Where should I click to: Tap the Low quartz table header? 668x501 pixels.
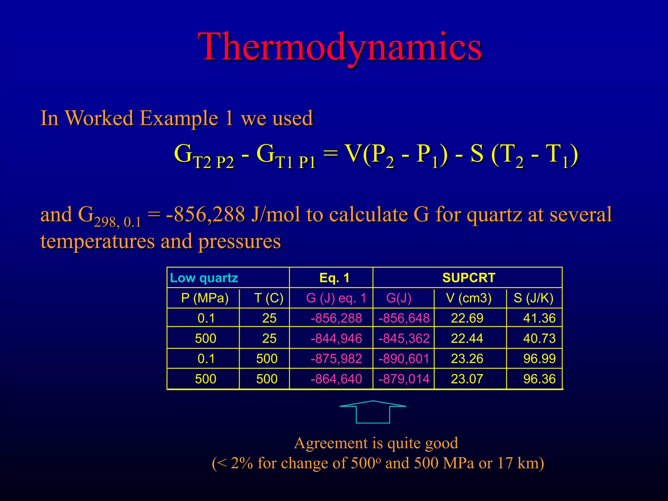click(204, 278)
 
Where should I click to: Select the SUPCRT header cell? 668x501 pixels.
click(469, 278)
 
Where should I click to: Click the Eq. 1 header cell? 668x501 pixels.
click(334, 278)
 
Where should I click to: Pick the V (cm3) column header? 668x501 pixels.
click(468, 298)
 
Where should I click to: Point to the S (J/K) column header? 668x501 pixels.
click(534, 298)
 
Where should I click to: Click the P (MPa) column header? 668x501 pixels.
click(205, 298)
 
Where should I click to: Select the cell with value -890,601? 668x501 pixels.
click(404, 359)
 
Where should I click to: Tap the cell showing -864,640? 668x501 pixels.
click(336, 379)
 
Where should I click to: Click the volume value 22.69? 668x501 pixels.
click(467, 318)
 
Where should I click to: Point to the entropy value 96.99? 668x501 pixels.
click(539, 359)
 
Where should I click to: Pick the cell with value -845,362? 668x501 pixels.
click(404, 339)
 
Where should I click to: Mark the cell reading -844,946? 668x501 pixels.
click(336, 339)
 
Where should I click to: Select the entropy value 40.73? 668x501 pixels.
click(539, 339)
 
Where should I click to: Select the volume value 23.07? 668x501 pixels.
click(467, 379)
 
